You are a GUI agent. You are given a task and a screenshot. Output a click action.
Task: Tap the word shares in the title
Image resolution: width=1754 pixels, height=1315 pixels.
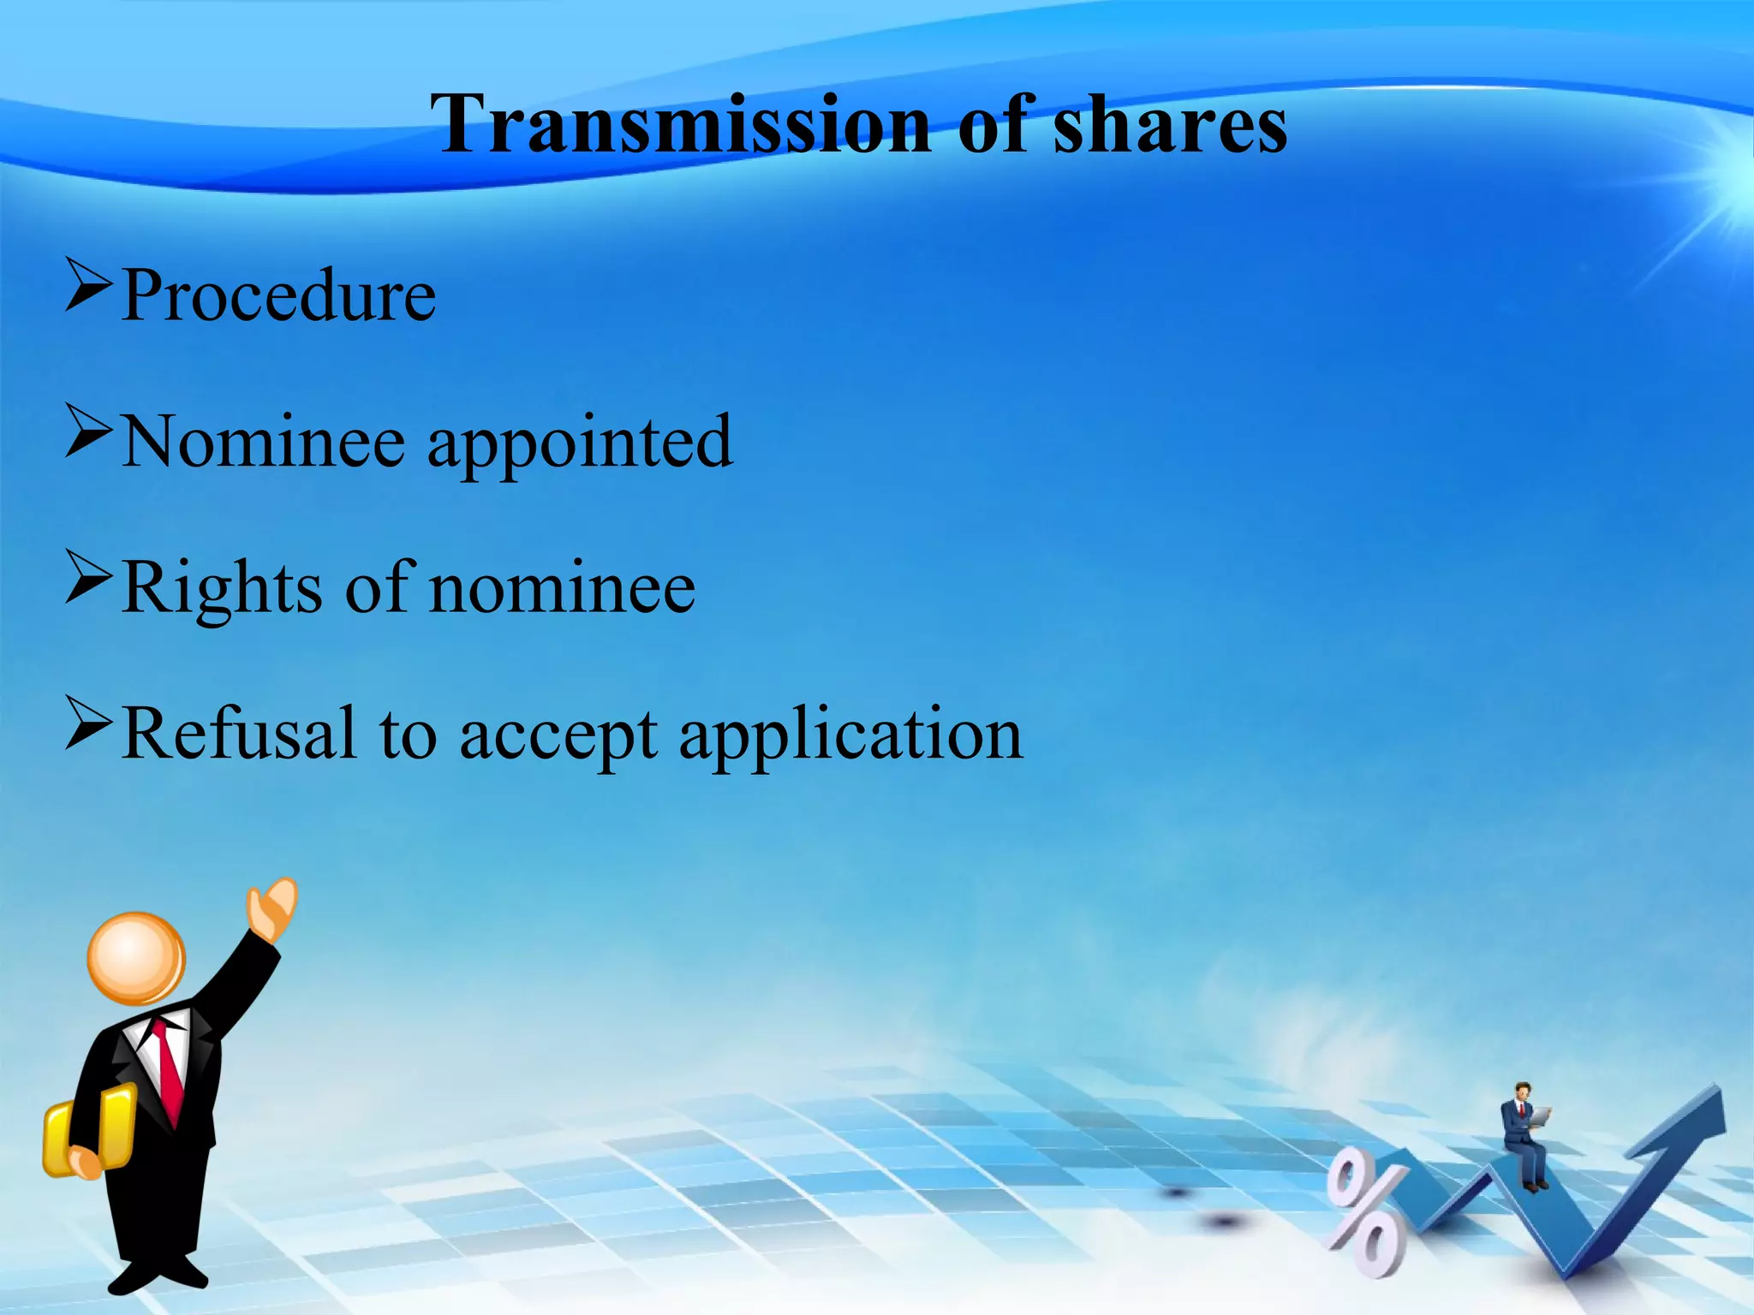tap(1169, 124)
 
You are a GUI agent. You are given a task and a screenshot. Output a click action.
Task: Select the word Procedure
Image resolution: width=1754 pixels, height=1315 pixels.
tap(279, 296)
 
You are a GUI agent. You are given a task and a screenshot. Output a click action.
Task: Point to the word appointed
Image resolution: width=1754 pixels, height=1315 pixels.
tap(580, 443)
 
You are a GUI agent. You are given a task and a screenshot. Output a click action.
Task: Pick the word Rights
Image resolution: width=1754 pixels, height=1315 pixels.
tap(223, 589)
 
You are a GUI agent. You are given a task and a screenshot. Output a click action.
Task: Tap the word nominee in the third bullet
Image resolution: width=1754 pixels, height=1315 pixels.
tap(562, 589)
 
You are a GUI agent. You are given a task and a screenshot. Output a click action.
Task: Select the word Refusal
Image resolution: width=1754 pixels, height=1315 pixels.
tap(239, 735)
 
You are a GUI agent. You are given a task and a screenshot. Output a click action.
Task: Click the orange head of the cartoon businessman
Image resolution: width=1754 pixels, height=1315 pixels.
tap(136, 958)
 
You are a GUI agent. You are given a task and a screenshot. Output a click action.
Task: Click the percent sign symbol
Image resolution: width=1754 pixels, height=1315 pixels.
tap(1365, 1211)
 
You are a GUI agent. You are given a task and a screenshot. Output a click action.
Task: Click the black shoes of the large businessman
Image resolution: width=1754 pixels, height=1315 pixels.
tap(158, 1276)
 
